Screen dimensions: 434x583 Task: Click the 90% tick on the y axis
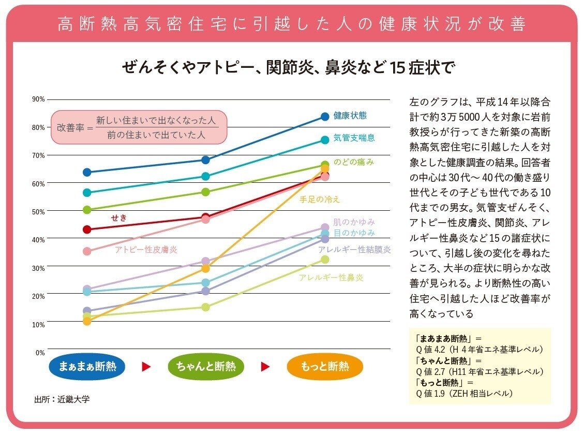tap(39, 99)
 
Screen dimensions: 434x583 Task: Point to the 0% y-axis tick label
tap(40, 353)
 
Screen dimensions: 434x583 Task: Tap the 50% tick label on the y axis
tap(39, 211)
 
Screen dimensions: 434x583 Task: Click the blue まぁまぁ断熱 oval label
tap(87, 367)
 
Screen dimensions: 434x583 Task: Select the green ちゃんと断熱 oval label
tap(206, 367)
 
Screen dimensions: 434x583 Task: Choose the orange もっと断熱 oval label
tap(325, 367)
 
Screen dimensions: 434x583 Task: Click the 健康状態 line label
tap(350, 115)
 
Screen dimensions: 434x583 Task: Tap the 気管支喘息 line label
tap(354, 138)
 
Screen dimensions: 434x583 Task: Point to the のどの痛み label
tap(353, 162)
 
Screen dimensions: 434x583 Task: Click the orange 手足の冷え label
tap(320, 199)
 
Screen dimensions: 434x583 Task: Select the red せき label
tap(118, 218)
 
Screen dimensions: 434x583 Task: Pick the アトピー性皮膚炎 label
tap(146, 250)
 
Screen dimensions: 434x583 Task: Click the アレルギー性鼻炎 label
tap(331, 278)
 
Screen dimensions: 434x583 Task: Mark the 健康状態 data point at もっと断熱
tap(325, 117)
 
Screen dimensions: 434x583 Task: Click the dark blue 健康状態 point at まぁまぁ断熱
tap(87, 172)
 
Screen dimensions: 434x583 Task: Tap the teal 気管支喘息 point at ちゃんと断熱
tap(205, 176)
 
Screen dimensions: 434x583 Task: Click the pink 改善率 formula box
tap(139, 127)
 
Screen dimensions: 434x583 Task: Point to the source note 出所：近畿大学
tap(58, 400)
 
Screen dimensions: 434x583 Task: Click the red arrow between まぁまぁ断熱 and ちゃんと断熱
tap(146, 367)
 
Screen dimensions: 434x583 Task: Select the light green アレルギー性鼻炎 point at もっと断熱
tap(325, 259)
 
